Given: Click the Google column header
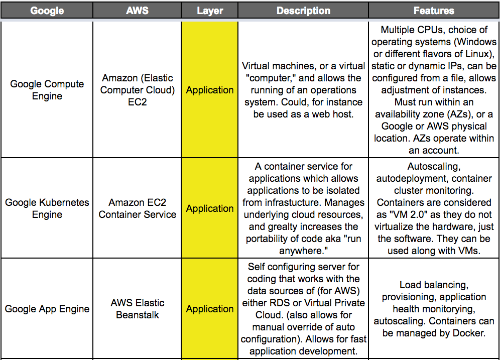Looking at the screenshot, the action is (47, 11).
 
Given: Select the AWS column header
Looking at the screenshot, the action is (137, 11).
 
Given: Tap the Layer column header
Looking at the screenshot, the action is (210, 11).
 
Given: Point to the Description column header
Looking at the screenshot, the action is (303, 11).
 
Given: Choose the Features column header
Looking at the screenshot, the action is (434, 11).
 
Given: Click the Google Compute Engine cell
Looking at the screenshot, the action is (47, 90).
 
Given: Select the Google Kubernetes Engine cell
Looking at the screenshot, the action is (47, 208).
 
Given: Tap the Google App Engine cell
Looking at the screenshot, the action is (47, 309).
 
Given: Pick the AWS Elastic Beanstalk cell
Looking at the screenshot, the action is (137, 309).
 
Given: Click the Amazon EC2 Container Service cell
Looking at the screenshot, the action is (137, 208).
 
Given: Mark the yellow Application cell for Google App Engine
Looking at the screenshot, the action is (210, 309).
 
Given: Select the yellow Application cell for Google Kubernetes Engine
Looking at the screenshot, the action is (210, 208).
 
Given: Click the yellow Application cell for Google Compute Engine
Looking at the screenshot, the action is (210, 90).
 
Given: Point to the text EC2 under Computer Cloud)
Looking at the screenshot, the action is (138, 102).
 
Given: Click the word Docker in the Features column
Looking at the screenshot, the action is (469, 333).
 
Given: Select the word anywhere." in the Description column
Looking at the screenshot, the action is (303, 251).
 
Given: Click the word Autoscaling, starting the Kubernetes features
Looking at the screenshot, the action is (434, 167).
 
